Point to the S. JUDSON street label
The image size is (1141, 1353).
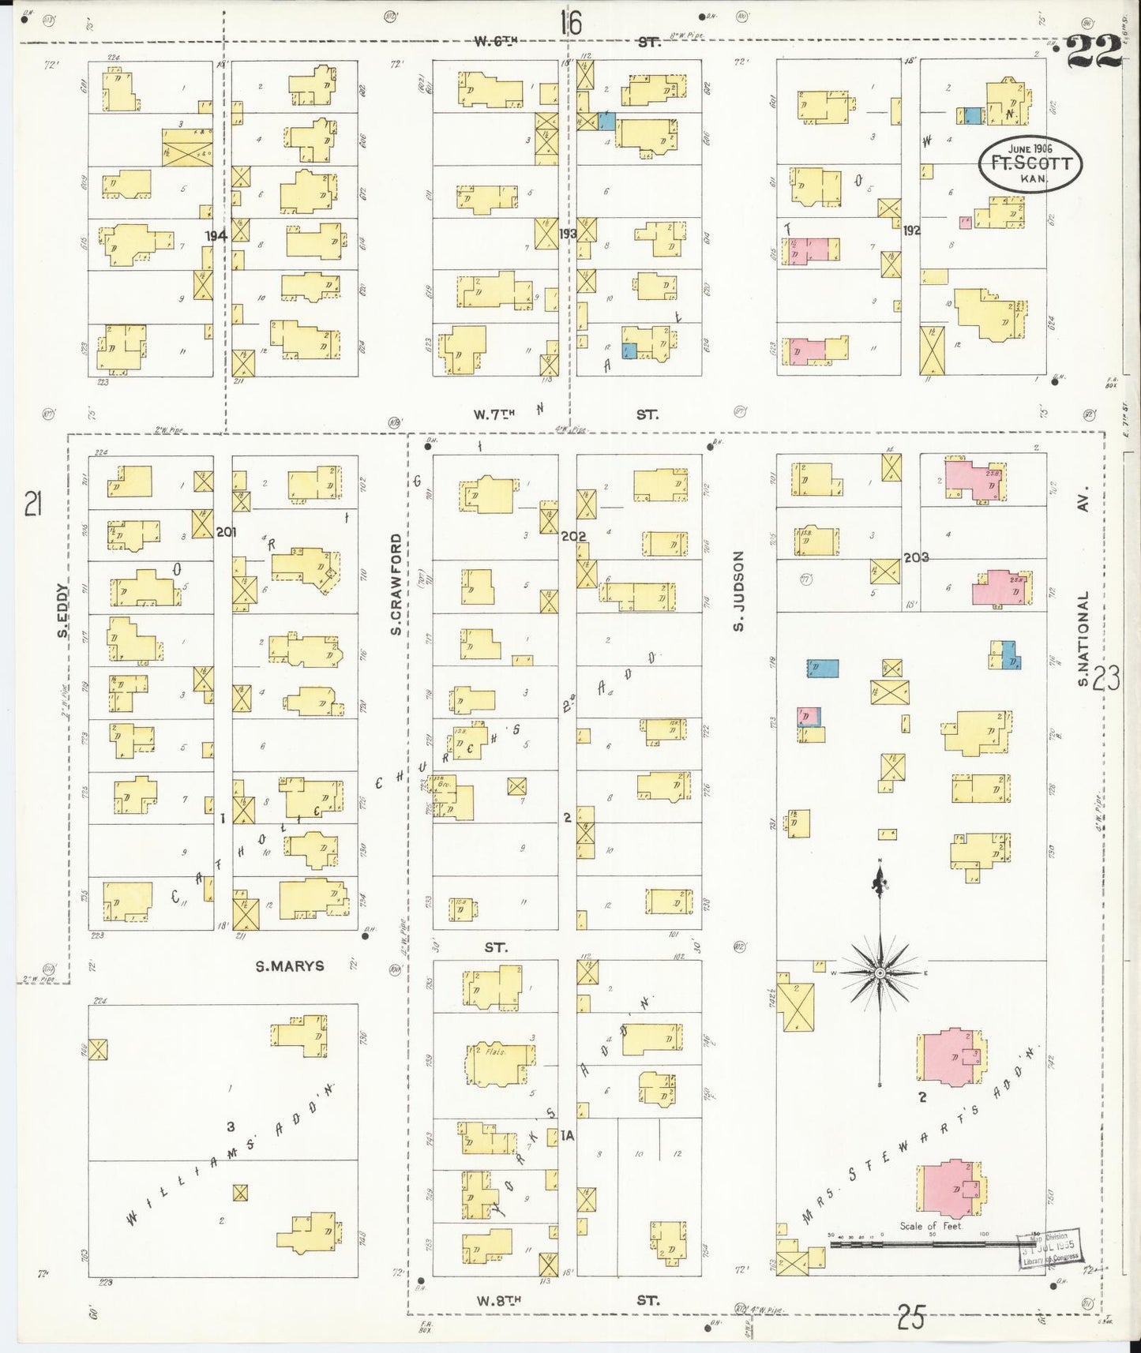click(x=738, y=592)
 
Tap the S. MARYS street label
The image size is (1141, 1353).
click(x=289, y=965)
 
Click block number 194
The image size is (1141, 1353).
click(x=216, y=235)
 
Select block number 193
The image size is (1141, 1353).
click(x=567, y=234)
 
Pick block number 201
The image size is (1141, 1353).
click(x=227, y=532)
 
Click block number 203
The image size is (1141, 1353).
click(x=916, y=557)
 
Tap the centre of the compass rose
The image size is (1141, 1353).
click(x=879, y=973)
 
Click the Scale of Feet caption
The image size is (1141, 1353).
click(x=930, y=1248)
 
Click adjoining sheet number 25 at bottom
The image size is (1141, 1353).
click(x=910, y=1317)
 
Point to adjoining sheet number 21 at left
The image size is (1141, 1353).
click(x=32, y=503)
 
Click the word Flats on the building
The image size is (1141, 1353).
click(x=495, y=1051)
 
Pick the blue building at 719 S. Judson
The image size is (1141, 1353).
click(x=822, y=669)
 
